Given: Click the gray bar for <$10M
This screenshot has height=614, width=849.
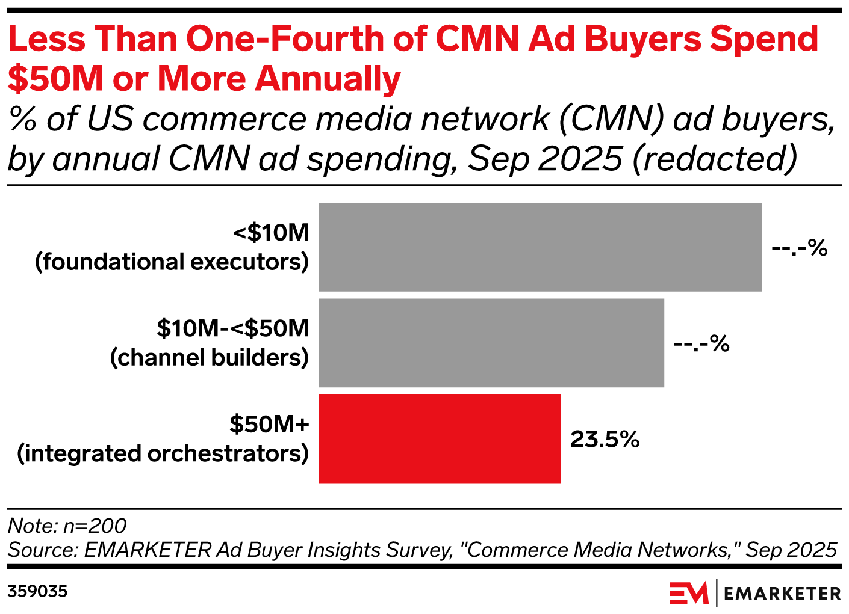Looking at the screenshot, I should click(x=540, y=247).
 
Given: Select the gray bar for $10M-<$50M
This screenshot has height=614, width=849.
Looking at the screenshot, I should click(x=491, y=343).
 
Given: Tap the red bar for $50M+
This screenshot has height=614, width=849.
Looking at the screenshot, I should click(x=440, y=438).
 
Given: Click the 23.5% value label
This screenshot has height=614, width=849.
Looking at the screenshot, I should click(x=605, y=440).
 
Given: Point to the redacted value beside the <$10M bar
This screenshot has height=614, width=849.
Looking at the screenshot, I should click(x=800, y=248).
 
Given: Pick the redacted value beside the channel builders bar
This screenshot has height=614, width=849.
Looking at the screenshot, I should click(x=701, y=343).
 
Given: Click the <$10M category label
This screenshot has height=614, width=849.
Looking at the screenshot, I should click(x=271, y=232).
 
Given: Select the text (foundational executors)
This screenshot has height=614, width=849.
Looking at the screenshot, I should click(x=172, y=262).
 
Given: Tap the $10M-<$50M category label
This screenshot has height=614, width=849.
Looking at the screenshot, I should click(x=233, y=328).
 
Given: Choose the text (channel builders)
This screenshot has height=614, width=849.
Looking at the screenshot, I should click(x=210, y=358).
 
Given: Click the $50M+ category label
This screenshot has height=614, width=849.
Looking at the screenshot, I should click(x=269, y=424).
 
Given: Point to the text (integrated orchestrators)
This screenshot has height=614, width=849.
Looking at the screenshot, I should click(x=163, y=453).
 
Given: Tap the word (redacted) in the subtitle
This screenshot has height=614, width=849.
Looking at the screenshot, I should click(x=715, y=159).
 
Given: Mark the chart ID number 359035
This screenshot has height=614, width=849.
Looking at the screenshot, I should click(x=37, y=592).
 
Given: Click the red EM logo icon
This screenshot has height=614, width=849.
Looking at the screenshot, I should click(x=689, y=594).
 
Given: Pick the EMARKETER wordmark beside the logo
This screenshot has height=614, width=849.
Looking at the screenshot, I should click(x=782, y=594).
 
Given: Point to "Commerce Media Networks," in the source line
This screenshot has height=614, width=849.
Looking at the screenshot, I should click(x=603, y=550).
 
